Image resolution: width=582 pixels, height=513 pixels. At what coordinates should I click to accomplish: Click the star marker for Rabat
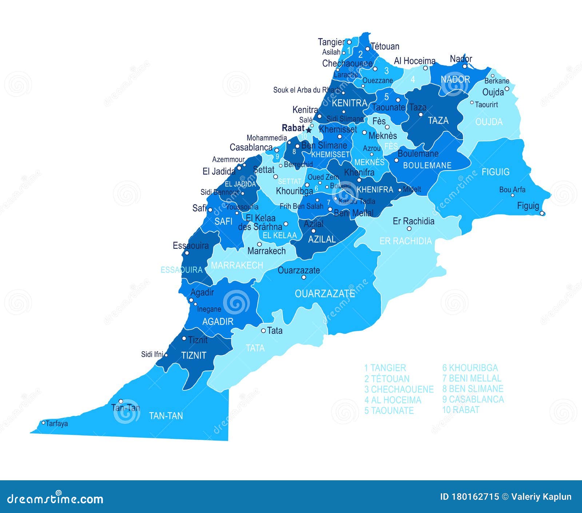pos(309,130)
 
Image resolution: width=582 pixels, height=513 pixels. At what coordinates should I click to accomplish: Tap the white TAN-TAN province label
pos(166,416)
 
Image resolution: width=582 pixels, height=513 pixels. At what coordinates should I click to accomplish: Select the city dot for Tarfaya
pos(44,422)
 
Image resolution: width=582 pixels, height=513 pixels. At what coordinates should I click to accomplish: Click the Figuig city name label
pos(528,206)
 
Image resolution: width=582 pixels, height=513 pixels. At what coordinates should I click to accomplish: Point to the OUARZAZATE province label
pos(324,294)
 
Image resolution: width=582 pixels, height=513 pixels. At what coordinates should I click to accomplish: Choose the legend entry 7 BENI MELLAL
pos(471,378)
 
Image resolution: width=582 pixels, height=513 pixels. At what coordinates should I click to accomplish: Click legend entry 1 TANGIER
pos(385,368)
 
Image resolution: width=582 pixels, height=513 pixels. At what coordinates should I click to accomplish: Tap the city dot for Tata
pos(263,331)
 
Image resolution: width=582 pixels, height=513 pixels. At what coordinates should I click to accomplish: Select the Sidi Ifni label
pos(152,354)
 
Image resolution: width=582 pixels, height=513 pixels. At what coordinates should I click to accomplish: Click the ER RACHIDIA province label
pos(405,241)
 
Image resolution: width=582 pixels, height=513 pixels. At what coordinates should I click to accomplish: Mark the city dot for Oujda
pos(507,88)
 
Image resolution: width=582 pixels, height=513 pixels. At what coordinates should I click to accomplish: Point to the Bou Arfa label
pos(512,189)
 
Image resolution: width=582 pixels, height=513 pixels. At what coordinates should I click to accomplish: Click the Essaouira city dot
pos(187,253)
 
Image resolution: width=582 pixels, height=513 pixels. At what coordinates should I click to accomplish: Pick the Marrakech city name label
pos(266,251)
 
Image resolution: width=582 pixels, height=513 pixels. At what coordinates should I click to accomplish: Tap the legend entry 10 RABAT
pos(461,410)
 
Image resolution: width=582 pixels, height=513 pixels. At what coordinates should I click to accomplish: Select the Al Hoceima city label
pos(414,61)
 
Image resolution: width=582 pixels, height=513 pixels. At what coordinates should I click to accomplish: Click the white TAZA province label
pos(438,120)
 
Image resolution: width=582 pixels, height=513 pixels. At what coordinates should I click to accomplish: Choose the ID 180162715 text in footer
pos(469,497)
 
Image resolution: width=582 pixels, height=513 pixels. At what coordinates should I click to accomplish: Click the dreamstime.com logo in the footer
pos(55,498)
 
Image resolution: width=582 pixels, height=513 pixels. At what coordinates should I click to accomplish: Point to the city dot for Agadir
pos(191,300)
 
